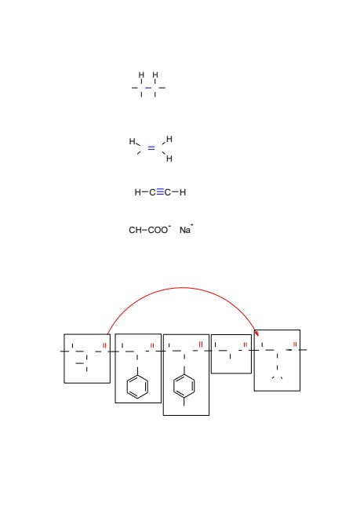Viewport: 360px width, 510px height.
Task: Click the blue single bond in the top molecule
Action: coord(148,88)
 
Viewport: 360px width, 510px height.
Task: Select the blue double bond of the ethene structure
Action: coord(151,148)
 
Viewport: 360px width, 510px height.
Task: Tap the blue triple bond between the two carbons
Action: coord(160,192)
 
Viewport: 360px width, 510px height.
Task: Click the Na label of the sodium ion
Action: coord(185,230)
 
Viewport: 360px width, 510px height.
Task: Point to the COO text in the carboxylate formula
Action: coord(158,230)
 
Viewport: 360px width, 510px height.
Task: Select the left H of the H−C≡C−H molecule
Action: coord(137,192)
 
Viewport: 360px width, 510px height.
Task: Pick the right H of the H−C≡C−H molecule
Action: coord(183,192)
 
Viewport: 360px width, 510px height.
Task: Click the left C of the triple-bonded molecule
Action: coord(152,192)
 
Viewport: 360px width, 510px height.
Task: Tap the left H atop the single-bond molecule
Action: coord(141,75)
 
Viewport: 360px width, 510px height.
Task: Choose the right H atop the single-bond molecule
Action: coord(155,75)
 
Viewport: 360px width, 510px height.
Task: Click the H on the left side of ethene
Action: coord(132,141)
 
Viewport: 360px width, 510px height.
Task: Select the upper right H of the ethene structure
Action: coord(169,139)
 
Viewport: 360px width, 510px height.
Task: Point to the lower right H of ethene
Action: coord(169,158)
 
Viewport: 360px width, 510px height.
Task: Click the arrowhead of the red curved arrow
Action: coord(256,333)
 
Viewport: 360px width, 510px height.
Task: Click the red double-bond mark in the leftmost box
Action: coord(104,345)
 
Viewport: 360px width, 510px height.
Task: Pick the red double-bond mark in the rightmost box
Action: coord(295,344)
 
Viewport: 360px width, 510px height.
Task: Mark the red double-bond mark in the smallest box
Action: coord(245,344)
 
